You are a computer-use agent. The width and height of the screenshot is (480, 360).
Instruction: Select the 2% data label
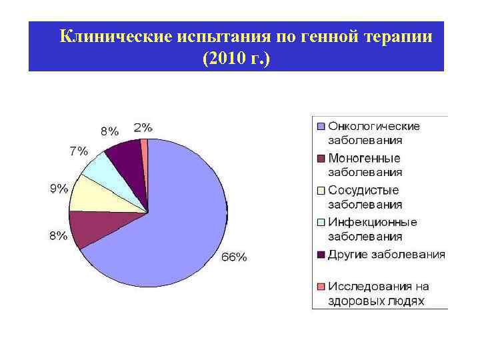[x=143, y=127]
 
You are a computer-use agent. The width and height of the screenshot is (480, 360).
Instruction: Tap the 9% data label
[x=59, y=189]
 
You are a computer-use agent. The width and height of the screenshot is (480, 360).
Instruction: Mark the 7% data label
[x=79, y=151]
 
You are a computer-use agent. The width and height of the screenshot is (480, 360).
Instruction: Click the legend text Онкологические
[x=373, y=126]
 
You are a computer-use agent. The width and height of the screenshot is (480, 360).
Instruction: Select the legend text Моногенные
[x=364, y=158]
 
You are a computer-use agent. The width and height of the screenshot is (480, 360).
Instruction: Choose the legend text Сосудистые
[x=363, y=190]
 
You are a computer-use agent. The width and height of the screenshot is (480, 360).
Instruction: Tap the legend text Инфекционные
[x=372, y=222]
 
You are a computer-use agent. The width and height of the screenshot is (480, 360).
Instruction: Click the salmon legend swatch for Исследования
[x=320, y=287]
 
